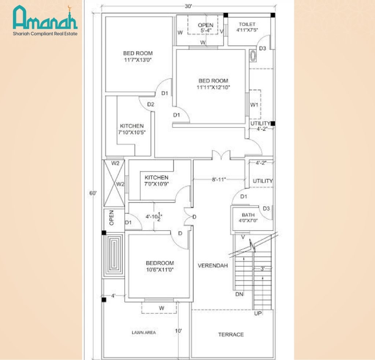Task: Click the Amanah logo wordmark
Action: (x=45, y=18)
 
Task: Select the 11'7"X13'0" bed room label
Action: (x=138, y=56)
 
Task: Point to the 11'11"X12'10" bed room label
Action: (x=213, y=84)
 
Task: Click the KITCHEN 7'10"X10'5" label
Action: (x=132, y=129)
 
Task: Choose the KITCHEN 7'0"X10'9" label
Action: (x=156, y=180)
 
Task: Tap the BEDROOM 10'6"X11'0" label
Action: (x=160, y=266)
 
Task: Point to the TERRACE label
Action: (x=231, y=334)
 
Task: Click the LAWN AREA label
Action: (x=144, y=333)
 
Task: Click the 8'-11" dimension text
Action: (x=219, y=180)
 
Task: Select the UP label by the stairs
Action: (x=258, y=314)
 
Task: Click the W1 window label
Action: (x=255, y=105)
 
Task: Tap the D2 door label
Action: (x=151, y=104)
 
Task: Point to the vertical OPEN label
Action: (x=112, y=218)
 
